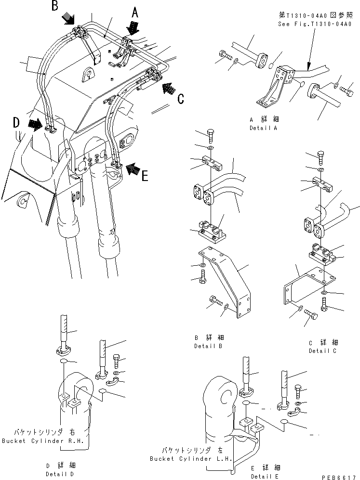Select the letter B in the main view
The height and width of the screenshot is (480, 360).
55,7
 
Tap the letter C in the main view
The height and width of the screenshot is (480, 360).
180,99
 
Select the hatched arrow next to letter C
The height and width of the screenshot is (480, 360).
168,88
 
